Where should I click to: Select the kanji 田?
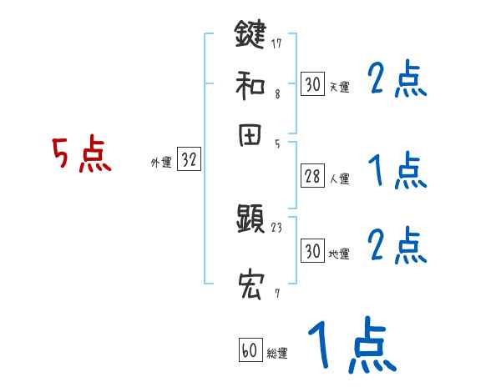[x=250, y=137]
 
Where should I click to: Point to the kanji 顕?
[x=250, y=222]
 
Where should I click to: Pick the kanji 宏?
[x=250, y=284]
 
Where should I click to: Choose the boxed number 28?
[x=312, y=176]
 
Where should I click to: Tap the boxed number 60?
[x=249, y=350]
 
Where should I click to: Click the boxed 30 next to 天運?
[x=312, y=84]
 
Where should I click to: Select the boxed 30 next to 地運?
[x=312, y=251]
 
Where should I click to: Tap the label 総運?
[x=277, y=354]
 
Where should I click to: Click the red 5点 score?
[x=82, y=155]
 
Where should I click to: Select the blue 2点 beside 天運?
[x=397, y=81]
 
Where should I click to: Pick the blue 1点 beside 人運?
[x=397, y=173]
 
